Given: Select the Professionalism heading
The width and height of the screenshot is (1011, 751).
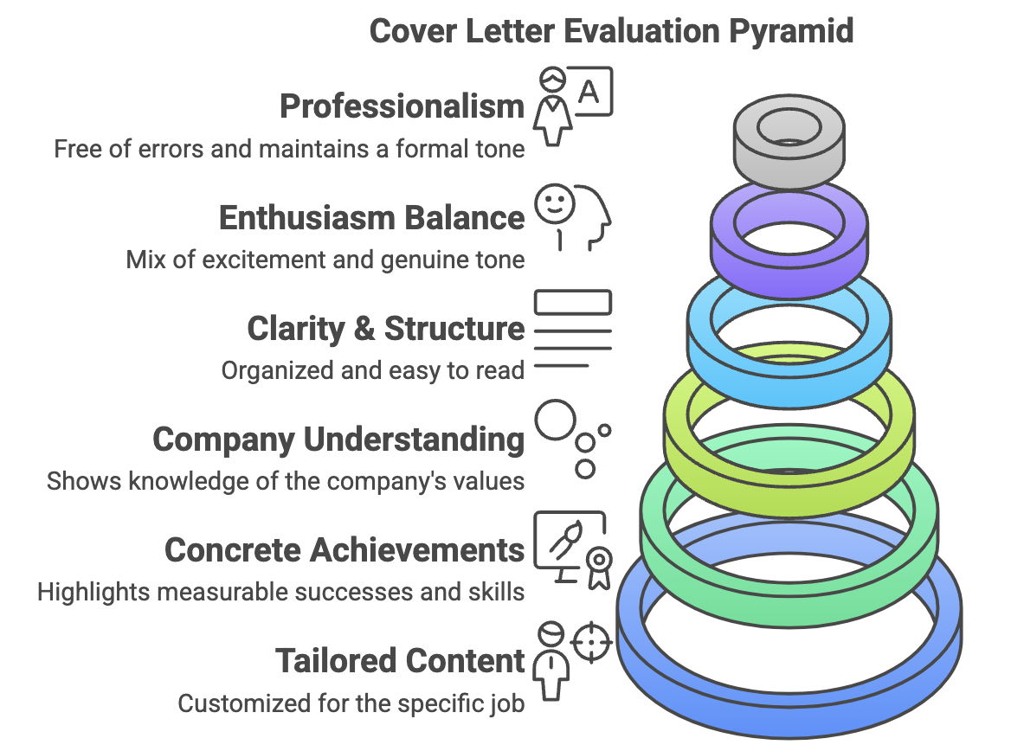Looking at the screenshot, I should pyautogui.click(x=402, y=106).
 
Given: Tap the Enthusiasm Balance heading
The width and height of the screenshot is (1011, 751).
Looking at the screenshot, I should pyautogui.click(x=371, y=217).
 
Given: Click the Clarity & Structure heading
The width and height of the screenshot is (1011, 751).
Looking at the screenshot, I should pyautogui.click(x=385, y=329).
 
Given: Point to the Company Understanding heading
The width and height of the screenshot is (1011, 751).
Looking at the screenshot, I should pyautogui.click(x=338, y=440).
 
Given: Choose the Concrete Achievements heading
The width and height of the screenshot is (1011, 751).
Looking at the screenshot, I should pyautogui.click(x=345, y=550).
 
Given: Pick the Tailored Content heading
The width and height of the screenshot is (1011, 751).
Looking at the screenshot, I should pyautogui.click(x=400, y=661).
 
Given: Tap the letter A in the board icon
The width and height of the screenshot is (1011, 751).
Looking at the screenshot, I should pyautogui.click(x=589, y=92).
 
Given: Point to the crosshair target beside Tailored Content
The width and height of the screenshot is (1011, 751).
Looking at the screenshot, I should pyautogui.click(x=593, y=641).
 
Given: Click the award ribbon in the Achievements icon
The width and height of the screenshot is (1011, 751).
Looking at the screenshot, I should pyautogui.click(x=596, y=566).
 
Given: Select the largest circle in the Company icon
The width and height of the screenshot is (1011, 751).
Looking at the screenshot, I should pyautogui.click(x=554, y=421).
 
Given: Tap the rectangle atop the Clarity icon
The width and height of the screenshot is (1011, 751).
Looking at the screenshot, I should pyautogui.click(x=573, y=302).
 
